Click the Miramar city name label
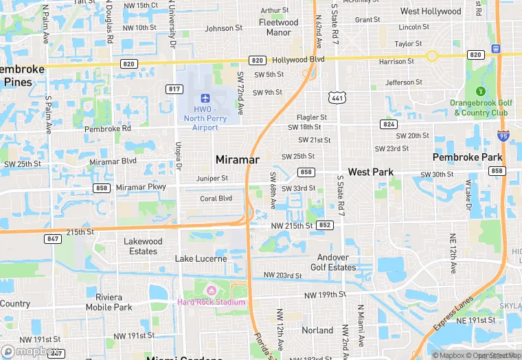pos(238,159)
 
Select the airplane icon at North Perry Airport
pos(205,100)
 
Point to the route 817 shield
pos(174,89)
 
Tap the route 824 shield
pos(389,124)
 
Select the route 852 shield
pos(326,225)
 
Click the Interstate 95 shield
pos(503,137)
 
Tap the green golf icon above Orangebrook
pos(480,91)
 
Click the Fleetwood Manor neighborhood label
pos(278,27)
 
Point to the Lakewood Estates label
pos(143,246)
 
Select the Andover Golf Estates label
pos(333,262)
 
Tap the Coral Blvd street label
pos(216,199)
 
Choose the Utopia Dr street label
pos(179,156)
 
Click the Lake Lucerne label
pos(201,259)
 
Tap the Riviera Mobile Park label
pos(109,302)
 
